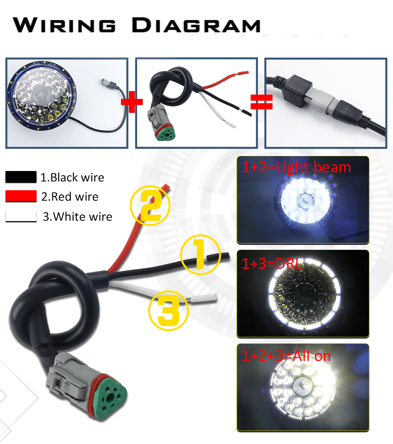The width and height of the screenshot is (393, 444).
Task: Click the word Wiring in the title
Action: point(64,25)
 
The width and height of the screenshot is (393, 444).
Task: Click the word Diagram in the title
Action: point(196,25)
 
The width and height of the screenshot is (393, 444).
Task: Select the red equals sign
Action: point(262,102)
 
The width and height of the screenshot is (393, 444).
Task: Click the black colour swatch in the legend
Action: point(21,177)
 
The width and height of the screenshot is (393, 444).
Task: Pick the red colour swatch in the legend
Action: point(21,196)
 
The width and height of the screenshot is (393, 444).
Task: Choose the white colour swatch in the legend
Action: point(21,217)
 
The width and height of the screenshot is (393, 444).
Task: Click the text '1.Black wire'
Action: point(72,178)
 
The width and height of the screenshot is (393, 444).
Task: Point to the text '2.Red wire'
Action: point(70,197)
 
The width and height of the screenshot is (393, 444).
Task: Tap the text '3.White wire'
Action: point(77,217)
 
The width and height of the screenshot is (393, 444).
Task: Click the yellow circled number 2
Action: point(150,206)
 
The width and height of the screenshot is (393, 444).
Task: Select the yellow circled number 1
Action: point(200,255)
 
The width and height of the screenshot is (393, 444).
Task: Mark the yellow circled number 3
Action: point(169,311)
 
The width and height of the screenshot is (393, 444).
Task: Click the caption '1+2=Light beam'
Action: point(297,167)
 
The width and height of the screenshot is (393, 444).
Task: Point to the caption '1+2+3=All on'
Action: point(286,356)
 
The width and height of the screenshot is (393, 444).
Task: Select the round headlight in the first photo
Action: point(42,96)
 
